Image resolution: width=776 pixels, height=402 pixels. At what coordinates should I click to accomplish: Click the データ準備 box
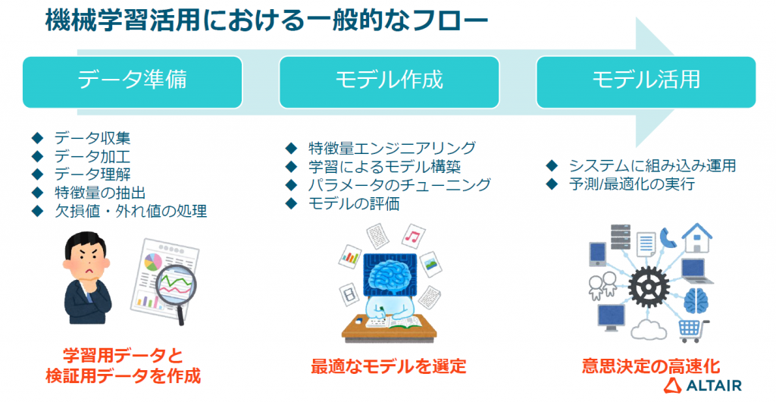(133, 82)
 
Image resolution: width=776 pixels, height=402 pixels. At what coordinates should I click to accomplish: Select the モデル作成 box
(389, 82)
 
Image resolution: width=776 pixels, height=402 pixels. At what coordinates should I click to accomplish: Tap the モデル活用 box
(646, 82)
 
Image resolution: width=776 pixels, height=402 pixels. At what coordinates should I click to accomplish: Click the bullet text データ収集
(92, 137)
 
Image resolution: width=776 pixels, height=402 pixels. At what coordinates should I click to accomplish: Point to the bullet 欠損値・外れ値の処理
(130, 212)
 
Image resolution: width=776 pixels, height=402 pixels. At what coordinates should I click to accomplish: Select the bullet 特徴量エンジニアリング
(392, 148)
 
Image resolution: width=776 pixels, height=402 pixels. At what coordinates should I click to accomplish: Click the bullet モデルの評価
(354, 203)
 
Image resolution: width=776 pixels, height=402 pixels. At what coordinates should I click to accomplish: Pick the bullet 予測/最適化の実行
(631, 184)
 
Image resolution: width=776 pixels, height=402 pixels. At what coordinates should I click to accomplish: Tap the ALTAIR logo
(702, 385)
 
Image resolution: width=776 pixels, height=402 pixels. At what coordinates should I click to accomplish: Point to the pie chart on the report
(153, 262)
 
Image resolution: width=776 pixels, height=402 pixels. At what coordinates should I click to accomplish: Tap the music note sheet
(412, 237)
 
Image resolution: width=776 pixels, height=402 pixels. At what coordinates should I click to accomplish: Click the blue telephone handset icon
(668, 237)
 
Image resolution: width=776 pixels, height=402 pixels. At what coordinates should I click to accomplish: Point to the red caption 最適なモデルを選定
(389, 366)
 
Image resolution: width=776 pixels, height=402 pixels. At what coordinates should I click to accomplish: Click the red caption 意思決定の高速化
(651, 366)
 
